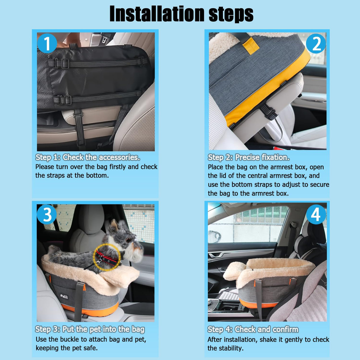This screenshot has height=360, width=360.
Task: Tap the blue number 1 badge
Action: [x=47, y=43]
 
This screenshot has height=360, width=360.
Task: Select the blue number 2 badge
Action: [x=316, y=44]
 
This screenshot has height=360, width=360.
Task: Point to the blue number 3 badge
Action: [x=47, y=214]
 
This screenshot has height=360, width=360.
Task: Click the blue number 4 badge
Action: [x=316, y=214]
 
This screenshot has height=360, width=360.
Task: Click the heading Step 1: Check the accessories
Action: [x=87, y=157]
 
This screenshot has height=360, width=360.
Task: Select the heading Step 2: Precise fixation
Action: [x=249, y=157]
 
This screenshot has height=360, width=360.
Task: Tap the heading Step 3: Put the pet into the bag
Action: [x=90, y=329]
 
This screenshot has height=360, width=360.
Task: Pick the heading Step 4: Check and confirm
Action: [x=253, y=329]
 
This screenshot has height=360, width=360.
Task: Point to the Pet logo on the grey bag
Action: [x=64, y=296]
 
